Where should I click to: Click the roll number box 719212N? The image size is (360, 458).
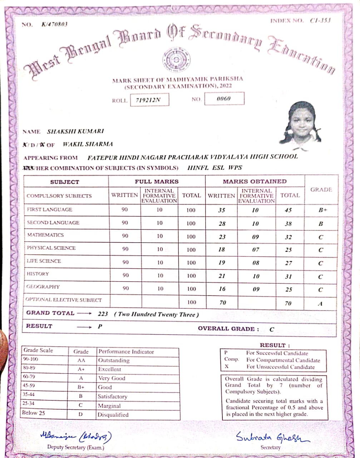(x=149, y=100)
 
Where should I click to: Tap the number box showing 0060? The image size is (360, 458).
(x=224, y=98)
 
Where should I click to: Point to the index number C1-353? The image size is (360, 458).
(x=320, y=20)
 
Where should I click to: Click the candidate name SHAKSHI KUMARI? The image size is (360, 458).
(x=75, y=131)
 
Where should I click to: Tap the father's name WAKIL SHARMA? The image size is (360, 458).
(x=88, y=144)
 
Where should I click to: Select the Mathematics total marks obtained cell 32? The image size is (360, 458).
(x=289, y=237)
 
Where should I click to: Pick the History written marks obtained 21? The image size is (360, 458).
(x=222, y=276)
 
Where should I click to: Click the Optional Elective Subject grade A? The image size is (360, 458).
(x=320, y=303)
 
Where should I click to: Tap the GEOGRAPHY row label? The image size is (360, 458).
(x=43, y=287)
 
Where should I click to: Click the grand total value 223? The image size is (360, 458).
(x=103, y=314)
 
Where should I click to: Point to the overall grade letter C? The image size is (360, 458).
(x=272, y=329)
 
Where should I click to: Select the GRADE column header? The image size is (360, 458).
(x=321, y=190)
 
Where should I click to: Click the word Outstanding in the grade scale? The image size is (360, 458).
(x=114, y=360)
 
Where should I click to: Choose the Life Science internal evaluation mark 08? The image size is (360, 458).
(x=256, y=263)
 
